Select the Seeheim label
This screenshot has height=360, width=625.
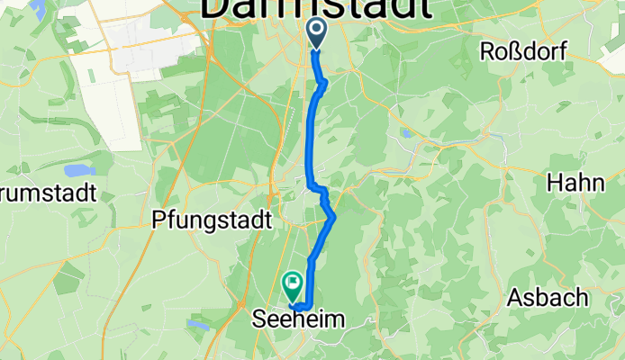coord(297,319)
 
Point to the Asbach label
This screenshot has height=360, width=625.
coord(548,298)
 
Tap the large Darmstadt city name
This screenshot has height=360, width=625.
coord(315,9)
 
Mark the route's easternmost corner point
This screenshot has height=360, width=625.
coord(334,216)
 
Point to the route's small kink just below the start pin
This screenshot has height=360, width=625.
coord(323,84)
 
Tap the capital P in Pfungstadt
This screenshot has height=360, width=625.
coord(159,219)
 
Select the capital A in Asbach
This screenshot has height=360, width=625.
coord(515,298)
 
